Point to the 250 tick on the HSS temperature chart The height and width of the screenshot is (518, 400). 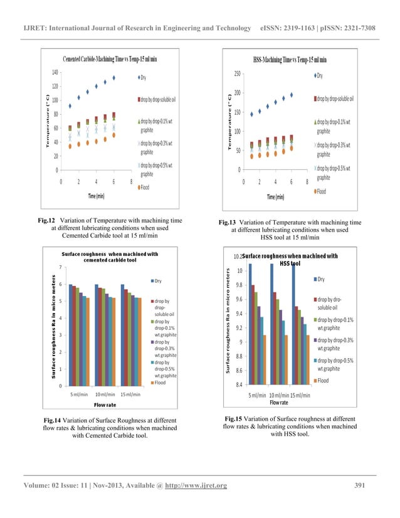(x=235, y=73)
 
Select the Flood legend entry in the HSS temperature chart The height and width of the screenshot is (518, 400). (x=321, y=191)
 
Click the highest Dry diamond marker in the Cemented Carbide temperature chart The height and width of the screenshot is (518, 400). (x=114, y=78)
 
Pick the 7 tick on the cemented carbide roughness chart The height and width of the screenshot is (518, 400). (x=59, y=268)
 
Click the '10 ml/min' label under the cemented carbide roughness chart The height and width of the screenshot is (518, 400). (x=105, y=394)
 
